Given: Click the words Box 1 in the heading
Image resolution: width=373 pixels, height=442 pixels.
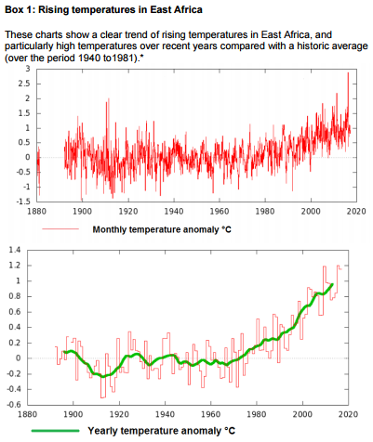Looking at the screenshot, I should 20,9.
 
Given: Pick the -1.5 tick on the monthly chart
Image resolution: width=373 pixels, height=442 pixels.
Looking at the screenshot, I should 23,201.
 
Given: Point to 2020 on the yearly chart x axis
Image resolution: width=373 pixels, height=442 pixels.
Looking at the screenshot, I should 348,415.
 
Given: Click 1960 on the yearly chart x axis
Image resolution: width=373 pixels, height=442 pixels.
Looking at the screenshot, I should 211,415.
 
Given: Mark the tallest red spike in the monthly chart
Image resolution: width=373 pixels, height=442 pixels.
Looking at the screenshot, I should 348,73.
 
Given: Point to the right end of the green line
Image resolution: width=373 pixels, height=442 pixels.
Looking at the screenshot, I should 333,284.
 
